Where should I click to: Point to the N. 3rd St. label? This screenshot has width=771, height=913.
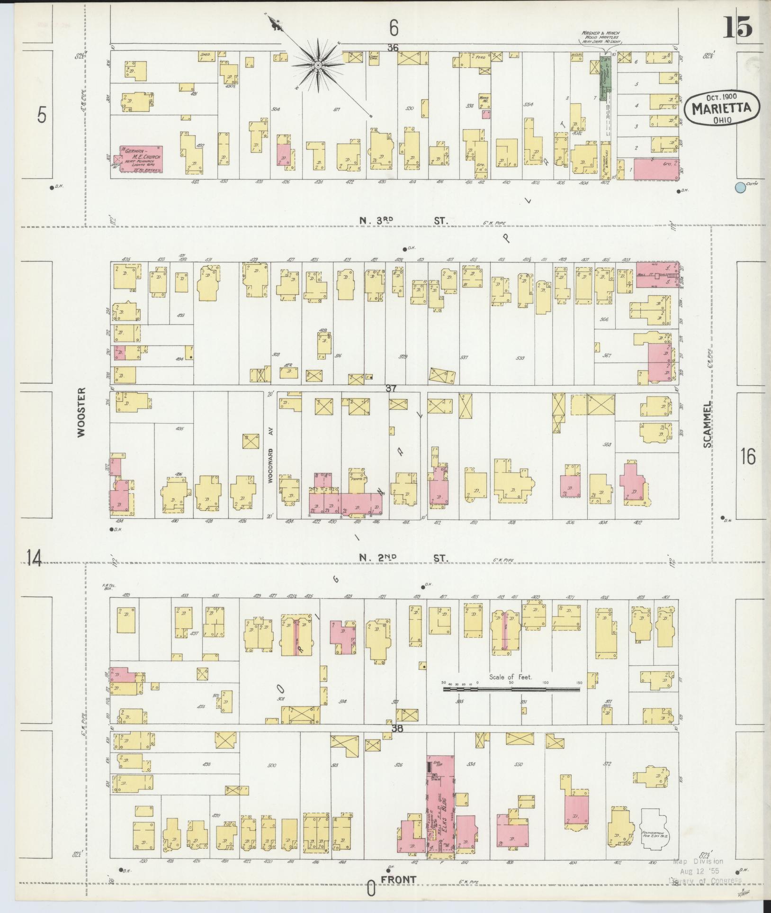pyautogui.click(x=403, y=220)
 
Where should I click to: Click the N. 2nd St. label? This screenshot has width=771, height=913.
pyautogui.click(x=403, y=558)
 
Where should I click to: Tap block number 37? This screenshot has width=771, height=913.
pyautogui.click(x=391, y=389)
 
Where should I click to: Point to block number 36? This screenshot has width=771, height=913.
pyautogui.click(x=392, y=48)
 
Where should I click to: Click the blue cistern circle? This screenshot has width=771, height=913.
pyautogui.click(x=740, y=188)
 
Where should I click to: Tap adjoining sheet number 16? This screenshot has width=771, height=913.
pyautogui.click(x=748, y=456)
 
